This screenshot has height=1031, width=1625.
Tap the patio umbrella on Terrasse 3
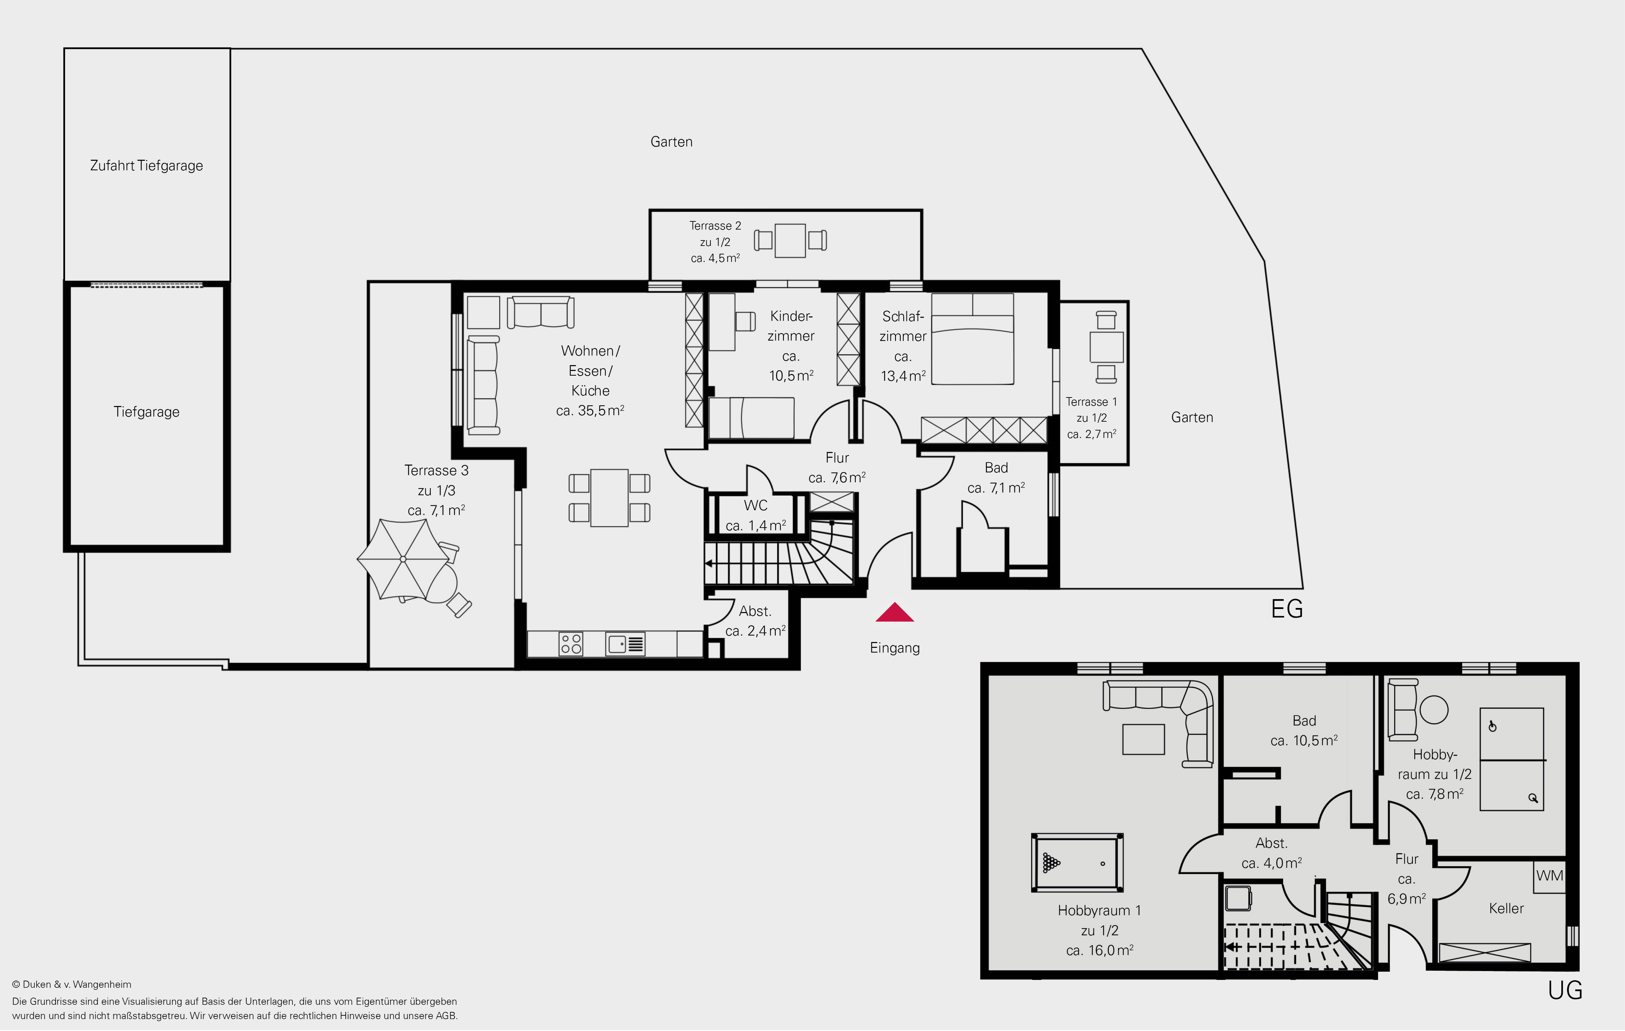point(403,559)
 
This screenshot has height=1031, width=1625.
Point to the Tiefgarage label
point(146,412)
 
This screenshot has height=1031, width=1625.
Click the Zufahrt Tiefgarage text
point(146,166)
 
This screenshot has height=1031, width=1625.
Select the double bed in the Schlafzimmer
point(973,339)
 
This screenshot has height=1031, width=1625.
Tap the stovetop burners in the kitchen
point(571,644)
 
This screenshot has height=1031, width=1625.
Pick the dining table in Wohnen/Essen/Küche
point(610,498)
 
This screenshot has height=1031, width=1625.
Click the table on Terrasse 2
point(790,240)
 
